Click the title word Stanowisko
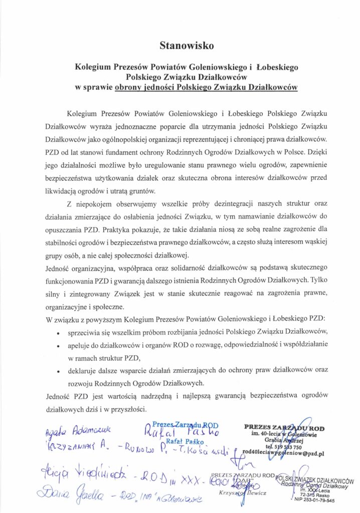[x=179, y=46]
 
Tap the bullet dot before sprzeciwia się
[x=59, y=333]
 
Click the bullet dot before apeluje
[x=59, y=346]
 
